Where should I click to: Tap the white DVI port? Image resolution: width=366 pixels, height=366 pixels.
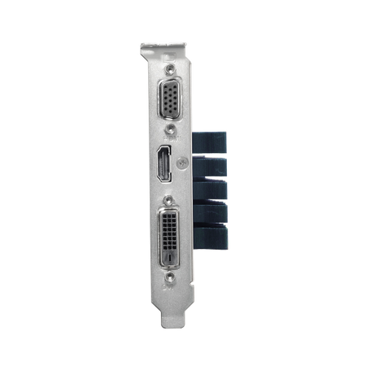click(170, 236)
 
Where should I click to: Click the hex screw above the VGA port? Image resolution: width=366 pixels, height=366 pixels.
click(170, 70)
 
